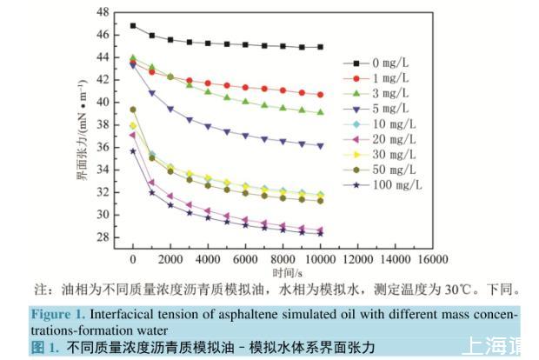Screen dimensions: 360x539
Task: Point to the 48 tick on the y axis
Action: pyautogui.click(x=105, y=12)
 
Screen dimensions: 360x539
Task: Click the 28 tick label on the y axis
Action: pyautogui.click(x=105, y=237)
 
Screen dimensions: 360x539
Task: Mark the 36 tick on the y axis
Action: pyautogui.click(x=105, y=147)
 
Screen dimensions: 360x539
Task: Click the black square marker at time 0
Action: pyautogui.click(x=133, y=26)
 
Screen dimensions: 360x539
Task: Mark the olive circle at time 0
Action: pyautogui.click(x=133, y=110)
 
